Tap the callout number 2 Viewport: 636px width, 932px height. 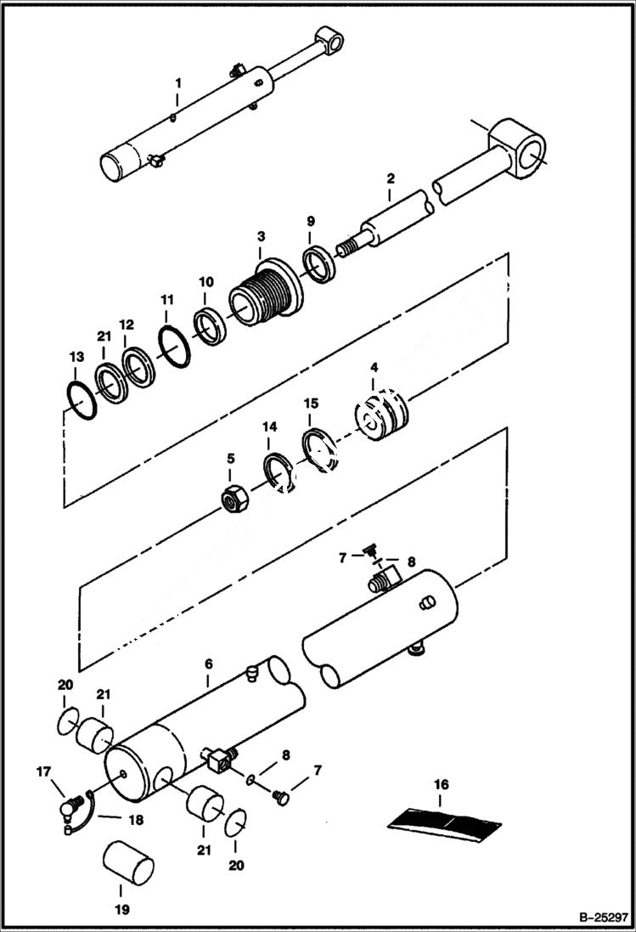[390, 179]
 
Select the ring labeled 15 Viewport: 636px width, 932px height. [318, 444]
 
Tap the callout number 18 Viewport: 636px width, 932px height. [135, 821]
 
